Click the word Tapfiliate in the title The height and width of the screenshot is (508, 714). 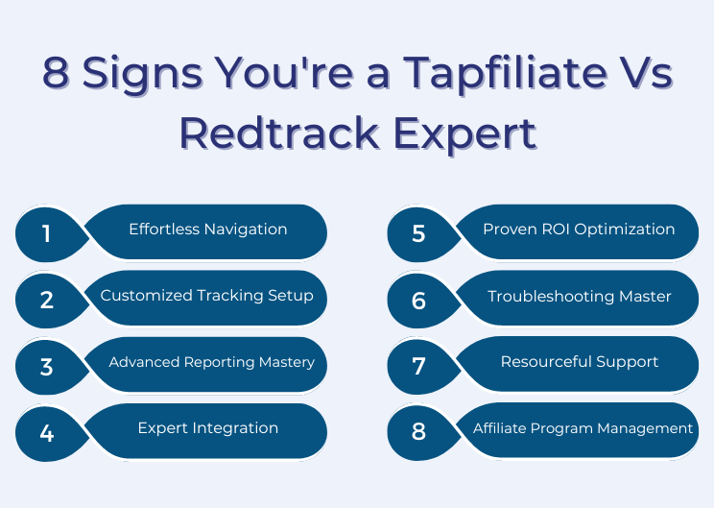(x=505, y=74)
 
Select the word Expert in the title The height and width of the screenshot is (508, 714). (x=464, y=134)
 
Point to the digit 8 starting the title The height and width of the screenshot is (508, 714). (x=56, y=71)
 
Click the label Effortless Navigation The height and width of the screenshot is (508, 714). (x=208, y=230)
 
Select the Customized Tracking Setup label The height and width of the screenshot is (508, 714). (x=206, y=296)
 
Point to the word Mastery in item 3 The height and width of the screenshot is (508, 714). (x=287, y=363)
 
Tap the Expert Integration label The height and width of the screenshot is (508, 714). (x=208, y=428)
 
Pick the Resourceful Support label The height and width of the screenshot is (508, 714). (x=580, y=362)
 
